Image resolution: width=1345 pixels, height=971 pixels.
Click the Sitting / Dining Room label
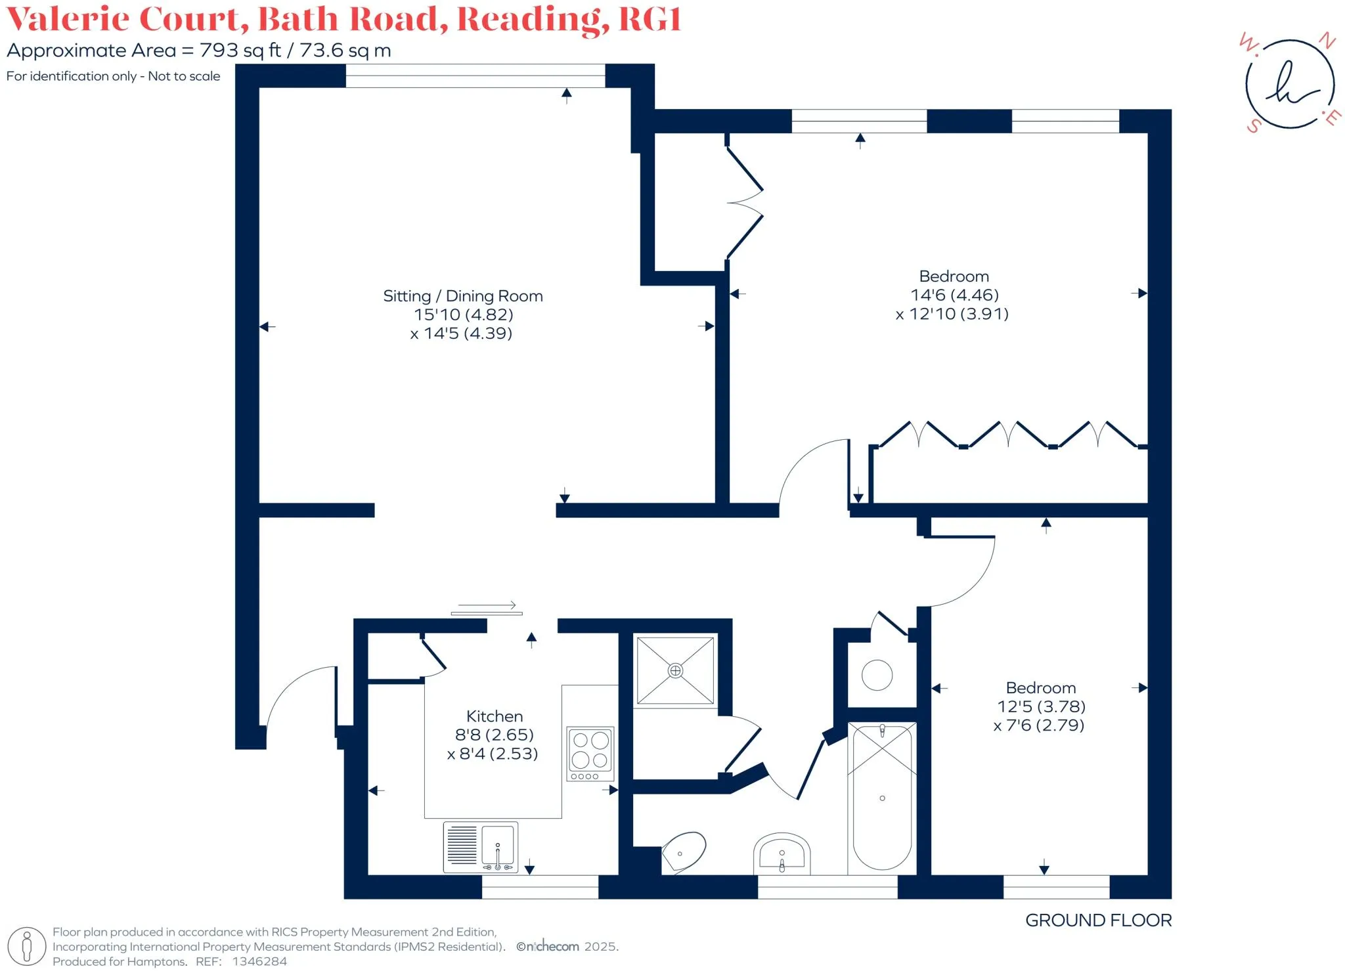(463, 296)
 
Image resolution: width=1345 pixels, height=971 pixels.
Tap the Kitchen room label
(495, 716)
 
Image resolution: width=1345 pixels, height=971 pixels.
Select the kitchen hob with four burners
(590, 754)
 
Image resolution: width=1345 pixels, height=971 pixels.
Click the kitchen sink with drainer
(481, 846)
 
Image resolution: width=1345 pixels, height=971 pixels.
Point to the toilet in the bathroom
(684, 852)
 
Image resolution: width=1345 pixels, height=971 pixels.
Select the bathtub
(882, 798)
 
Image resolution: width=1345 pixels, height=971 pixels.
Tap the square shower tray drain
(675, 670)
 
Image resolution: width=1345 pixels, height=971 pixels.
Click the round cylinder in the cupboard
(877, 675)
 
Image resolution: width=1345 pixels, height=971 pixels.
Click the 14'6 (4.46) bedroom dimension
(954, 295)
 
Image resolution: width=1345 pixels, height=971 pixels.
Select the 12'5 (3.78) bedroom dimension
(1041, 707)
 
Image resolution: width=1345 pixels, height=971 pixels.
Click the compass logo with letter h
(1290, 84)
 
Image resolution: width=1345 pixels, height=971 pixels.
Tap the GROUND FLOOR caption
(1098, 920)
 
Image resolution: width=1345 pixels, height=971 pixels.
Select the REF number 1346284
(259, 962)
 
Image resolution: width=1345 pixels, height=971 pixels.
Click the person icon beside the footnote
(27, 947)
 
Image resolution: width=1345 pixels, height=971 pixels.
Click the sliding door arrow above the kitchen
(487, 605)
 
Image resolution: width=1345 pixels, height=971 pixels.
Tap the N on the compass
(1327, 41)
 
